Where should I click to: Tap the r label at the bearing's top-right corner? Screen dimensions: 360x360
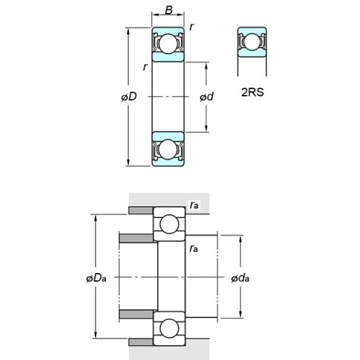[191, 26]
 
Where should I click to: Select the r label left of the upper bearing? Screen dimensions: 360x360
[145, 67]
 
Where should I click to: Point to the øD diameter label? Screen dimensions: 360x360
[128, 97]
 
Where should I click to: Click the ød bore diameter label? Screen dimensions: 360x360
[206, 97]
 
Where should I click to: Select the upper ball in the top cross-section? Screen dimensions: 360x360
[168, 44]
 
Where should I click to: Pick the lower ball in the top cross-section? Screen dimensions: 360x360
[168, 149]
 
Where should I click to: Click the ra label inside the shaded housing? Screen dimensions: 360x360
[194, 205]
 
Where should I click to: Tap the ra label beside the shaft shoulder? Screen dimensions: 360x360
[194, 249]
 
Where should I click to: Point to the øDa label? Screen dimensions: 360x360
[96, 279]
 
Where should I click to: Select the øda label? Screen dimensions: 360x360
[240, 279]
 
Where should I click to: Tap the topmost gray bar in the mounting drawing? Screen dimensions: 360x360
[140, 209]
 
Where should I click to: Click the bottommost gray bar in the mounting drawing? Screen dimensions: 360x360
[140, 341]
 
